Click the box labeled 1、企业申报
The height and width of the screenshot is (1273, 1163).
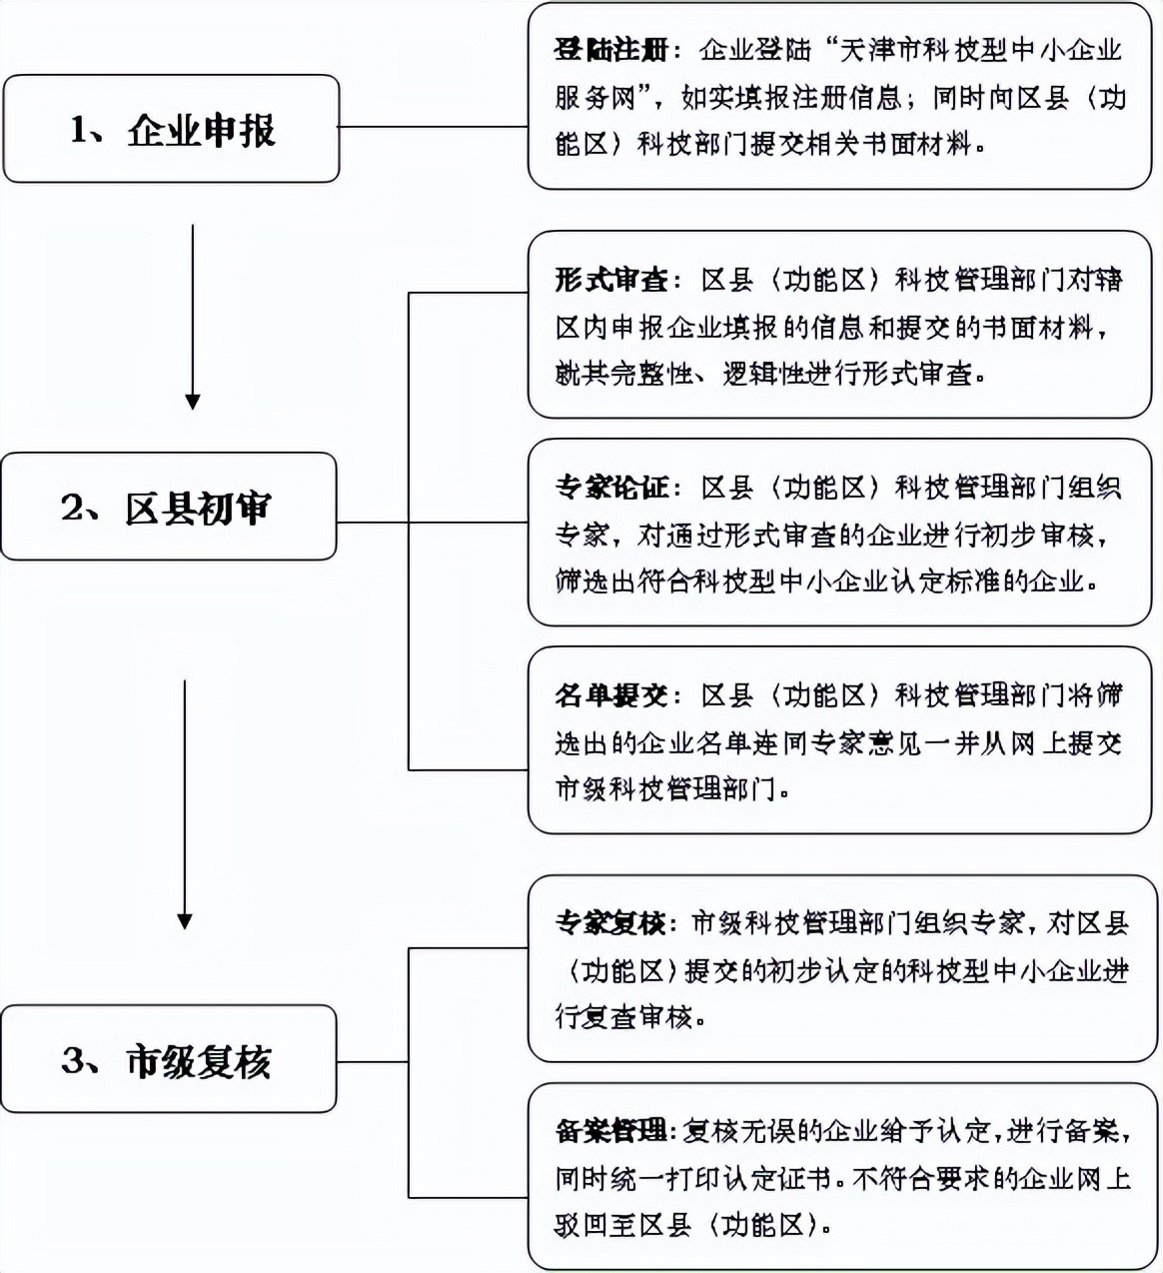(x=171, y=129)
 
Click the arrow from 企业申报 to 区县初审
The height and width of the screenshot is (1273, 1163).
(x=192, y=316)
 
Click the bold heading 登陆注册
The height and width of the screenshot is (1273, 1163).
(x=610, y=51)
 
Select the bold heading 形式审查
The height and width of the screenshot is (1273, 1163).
(x=610, y=281)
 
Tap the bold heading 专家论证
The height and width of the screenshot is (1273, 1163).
(x=610, y=489)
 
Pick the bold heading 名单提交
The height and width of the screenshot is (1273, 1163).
(x=610, y=696)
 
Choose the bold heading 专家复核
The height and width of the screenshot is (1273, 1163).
(x=610, y=924)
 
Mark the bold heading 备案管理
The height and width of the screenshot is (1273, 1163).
(x=610, y=1132)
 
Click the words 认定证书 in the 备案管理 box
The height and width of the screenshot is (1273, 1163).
(x=779, y=1179)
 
